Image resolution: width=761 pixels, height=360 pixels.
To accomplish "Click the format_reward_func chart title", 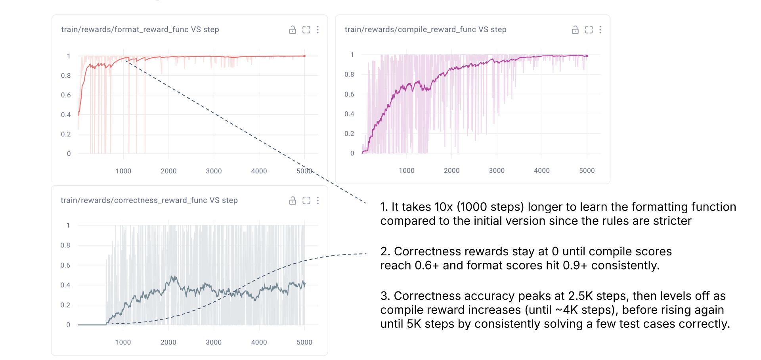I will click(140, 29).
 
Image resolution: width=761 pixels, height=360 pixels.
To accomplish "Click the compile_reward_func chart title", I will click(425, 29).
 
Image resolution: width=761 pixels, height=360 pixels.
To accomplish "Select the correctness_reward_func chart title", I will click(149, 200).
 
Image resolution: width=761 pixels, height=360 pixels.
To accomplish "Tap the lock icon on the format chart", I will click(293, 30).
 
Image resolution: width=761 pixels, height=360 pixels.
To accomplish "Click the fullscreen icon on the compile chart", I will click(589, 30).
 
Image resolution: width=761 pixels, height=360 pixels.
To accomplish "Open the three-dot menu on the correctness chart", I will click(318, 201).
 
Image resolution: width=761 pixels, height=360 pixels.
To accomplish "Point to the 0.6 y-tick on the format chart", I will click(66, 95).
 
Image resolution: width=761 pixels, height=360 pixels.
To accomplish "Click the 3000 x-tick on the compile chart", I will click(497, 170).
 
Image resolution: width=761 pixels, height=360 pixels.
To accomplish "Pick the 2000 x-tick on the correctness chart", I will click(168, 342).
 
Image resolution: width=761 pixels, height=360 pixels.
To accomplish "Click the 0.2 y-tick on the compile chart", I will click(349, 134).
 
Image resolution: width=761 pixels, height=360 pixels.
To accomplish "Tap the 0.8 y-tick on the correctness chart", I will click(65, 245).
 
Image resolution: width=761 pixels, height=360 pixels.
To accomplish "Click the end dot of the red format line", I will click(304, 56).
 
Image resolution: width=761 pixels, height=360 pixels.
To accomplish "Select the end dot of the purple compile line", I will click(587, 56).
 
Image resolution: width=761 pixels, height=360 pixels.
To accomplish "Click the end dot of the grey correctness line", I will click(304, 284).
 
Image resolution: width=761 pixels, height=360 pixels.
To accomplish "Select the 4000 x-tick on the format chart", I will click(259, 171).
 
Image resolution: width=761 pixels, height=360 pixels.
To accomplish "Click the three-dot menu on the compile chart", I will click(600, 30).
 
